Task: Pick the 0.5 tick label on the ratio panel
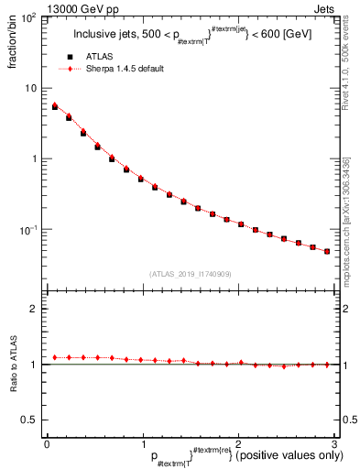pyautogui.click(x=29, y=420)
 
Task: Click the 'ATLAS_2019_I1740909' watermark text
pyautogui.click(x=190, y=274)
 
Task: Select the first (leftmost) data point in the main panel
pyautogui.click(x=55, y=106)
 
